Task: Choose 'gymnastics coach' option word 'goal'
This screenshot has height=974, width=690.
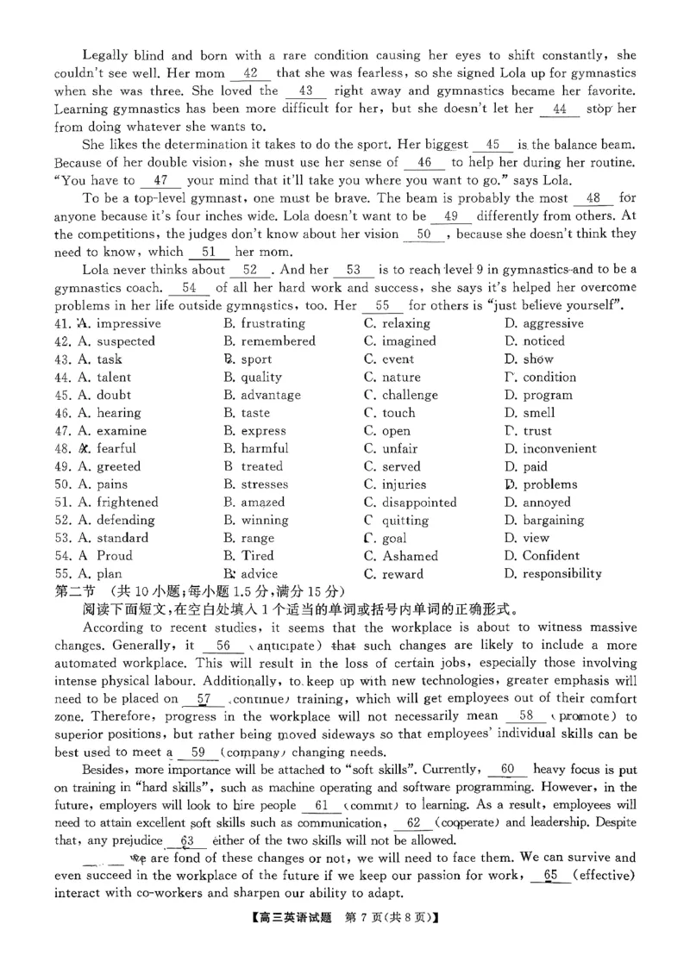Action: (394, 538)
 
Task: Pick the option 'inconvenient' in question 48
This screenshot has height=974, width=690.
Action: (559, 448)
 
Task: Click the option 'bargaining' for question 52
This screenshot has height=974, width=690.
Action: (561, 521)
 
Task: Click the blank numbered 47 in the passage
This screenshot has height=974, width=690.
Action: (160, 181)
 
